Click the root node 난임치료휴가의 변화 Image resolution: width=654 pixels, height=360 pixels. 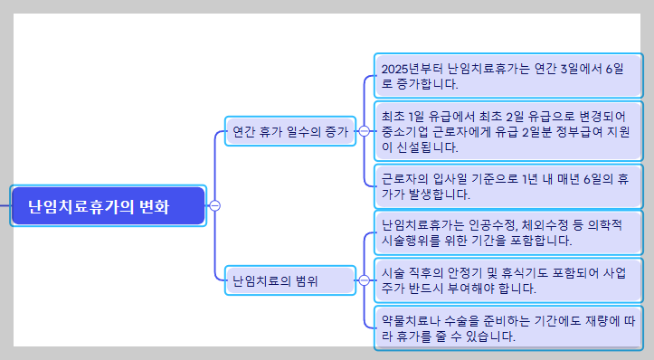[x=109, y=205]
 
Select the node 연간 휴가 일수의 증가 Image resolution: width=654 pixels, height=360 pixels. [x=289, y=131]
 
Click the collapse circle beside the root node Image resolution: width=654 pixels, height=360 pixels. [x=214, y=205]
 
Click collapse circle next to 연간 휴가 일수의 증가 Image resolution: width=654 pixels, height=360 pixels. [x=364, y=131]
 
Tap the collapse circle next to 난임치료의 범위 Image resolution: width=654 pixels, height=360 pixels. [x=364, y=280]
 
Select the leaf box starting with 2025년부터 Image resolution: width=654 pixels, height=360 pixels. [x=508, y=76]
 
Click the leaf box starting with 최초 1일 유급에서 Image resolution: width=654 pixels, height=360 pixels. [x=508, y=131]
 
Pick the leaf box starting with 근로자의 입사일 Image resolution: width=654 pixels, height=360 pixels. [x=508, y=185]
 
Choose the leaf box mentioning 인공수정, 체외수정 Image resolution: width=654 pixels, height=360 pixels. [x=508, y=232]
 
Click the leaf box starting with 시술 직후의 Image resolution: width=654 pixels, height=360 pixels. [x=508, y=280]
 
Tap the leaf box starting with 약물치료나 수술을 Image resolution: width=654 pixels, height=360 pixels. [x=508, y=327]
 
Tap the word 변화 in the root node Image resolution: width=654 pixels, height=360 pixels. [x=154, y=206]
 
